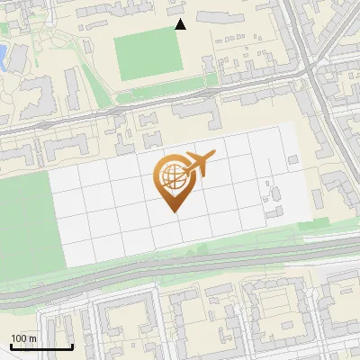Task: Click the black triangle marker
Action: coord(180,24)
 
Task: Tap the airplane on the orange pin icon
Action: coord(200,163)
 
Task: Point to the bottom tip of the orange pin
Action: coord(171,211)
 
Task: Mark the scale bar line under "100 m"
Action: coord(40,347)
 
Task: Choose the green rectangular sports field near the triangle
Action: coord(149,56)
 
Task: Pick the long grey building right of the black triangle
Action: coord(221,17)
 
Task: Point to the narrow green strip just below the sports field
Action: coord(166,91)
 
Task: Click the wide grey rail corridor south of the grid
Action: coord(180,274)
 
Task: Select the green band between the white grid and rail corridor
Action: coord(180,256)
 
